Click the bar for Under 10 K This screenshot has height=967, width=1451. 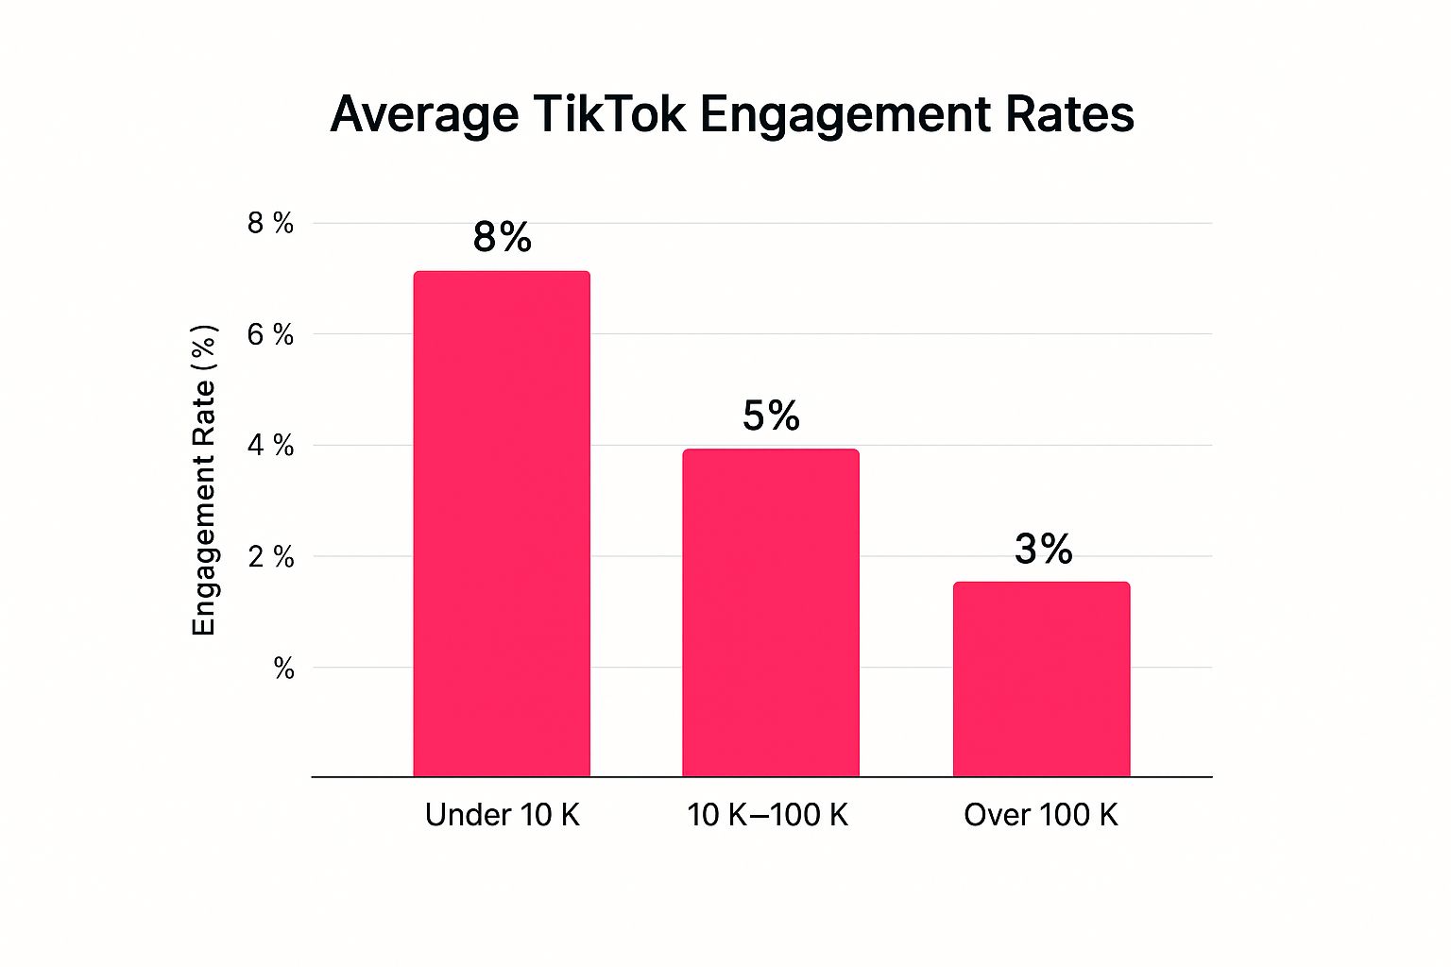[502, 524]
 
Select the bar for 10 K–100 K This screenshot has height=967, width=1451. [771, 613]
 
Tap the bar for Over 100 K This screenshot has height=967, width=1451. [1041, 679]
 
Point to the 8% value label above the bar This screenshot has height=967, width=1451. [503, 237]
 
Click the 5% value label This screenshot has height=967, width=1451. [771, 416]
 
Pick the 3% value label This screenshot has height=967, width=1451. [1043, 549]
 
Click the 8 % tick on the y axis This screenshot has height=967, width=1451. [270, 223]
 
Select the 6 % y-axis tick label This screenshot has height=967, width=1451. [270, 334]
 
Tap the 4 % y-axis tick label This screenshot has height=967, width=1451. [270, 446]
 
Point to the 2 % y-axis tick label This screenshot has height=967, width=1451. [270, 557]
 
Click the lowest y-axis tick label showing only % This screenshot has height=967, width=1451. [283, 669]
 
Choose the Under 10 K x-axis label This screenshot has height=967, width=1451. [502, 815]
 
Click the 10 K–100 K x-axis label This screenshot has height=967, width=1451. [768, 815]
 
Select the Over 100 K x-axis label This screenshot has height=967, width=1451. [1040, 815]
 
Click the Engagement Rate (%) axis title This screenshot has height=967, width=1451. [204, 480]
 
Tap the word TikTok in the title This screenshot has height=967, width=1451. [608, 114]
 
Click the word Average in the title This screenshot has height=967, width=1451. [424, 114]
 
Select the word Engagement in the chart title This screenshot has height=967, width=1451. [845, 116]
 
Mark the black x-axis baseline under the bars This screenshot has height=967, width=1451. [761, 777]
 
